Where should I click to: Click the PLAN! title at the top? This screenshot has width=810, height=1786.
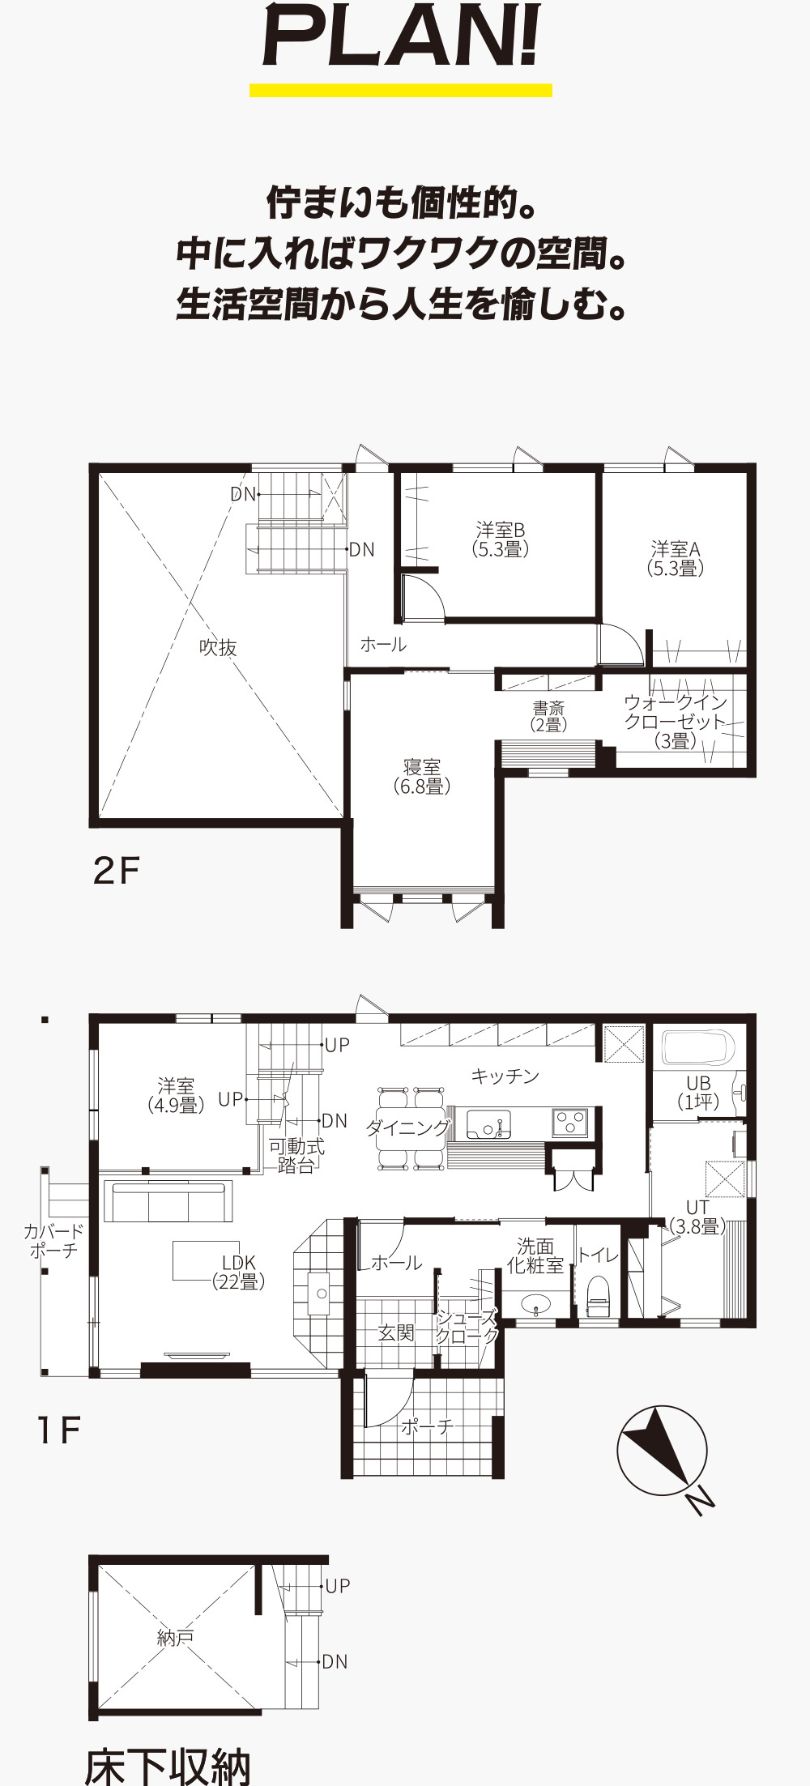401,39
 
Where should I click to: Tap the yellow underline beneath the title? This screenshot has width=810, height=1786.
401,90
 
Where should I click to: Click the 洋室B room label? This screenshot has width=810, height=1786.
501,531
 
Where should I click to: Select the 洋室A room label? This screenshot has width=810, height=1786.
676,549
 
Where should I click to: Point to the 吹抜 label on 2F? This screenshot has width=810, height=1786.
218,647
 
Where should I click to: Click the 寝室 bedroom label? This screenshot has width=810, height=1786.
422,766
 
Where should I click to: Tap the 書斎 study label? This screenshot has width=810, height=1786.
548,708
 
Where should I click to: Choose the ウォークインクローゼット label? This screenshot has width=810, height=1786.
676,712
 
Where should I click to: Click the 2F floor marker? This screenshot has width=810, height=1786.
117,872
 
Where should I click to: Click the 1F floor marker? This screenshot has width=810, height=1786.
58,1431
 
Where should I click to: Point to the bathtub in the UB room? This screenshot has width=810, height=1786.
698,1047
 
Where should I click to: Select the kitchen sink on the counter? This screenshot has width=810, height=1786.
488,1124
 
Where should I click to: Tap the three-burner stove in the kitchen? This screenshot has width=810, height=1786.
570,1123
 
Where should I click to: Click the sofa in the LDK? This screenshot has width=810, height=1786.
168,1201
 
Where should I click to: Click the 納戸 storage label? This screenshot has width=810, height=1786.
174,1638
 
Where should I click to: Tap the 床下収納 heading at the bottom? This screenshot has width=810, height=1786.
168,1767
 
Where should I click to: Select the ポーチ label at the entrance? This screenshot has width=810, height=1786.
427,1426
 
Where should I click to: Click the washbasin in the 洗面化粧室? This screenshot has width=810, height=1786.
535,1304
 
